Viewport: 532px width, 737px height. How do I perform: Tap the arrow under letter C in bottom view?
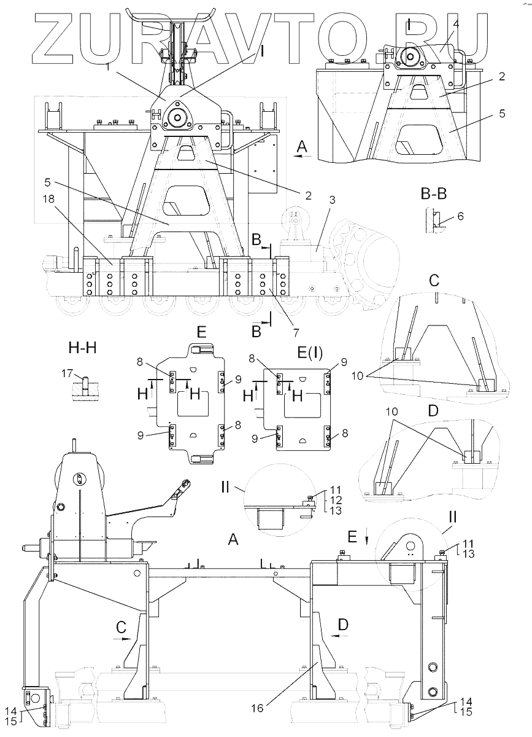click(x=122, y=638)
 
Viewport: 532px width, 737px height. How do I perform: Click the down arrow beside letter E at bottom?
click(x=366, y=540)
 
